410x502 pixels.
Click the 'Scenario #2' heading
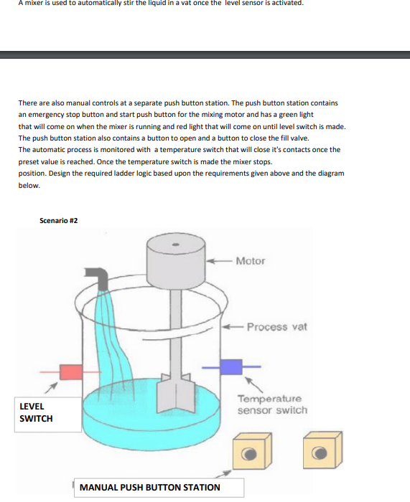click(59, 220)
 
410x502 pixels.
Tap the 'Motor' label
click(250, 260)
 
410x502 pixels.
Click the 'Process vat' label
click(276, 326)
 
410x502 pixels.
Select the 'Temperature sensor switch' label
click(271, 404)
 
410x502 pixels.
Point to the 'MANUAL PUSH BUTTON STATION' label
click(150, 488)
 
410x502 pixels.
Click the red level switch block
click(71, 371)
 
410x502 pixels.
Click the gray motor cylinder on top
click(177, 262)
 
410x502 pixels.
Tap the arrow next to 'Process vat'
click(233, 328)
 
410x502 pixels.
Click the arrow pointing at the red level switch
click(52, 388)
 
